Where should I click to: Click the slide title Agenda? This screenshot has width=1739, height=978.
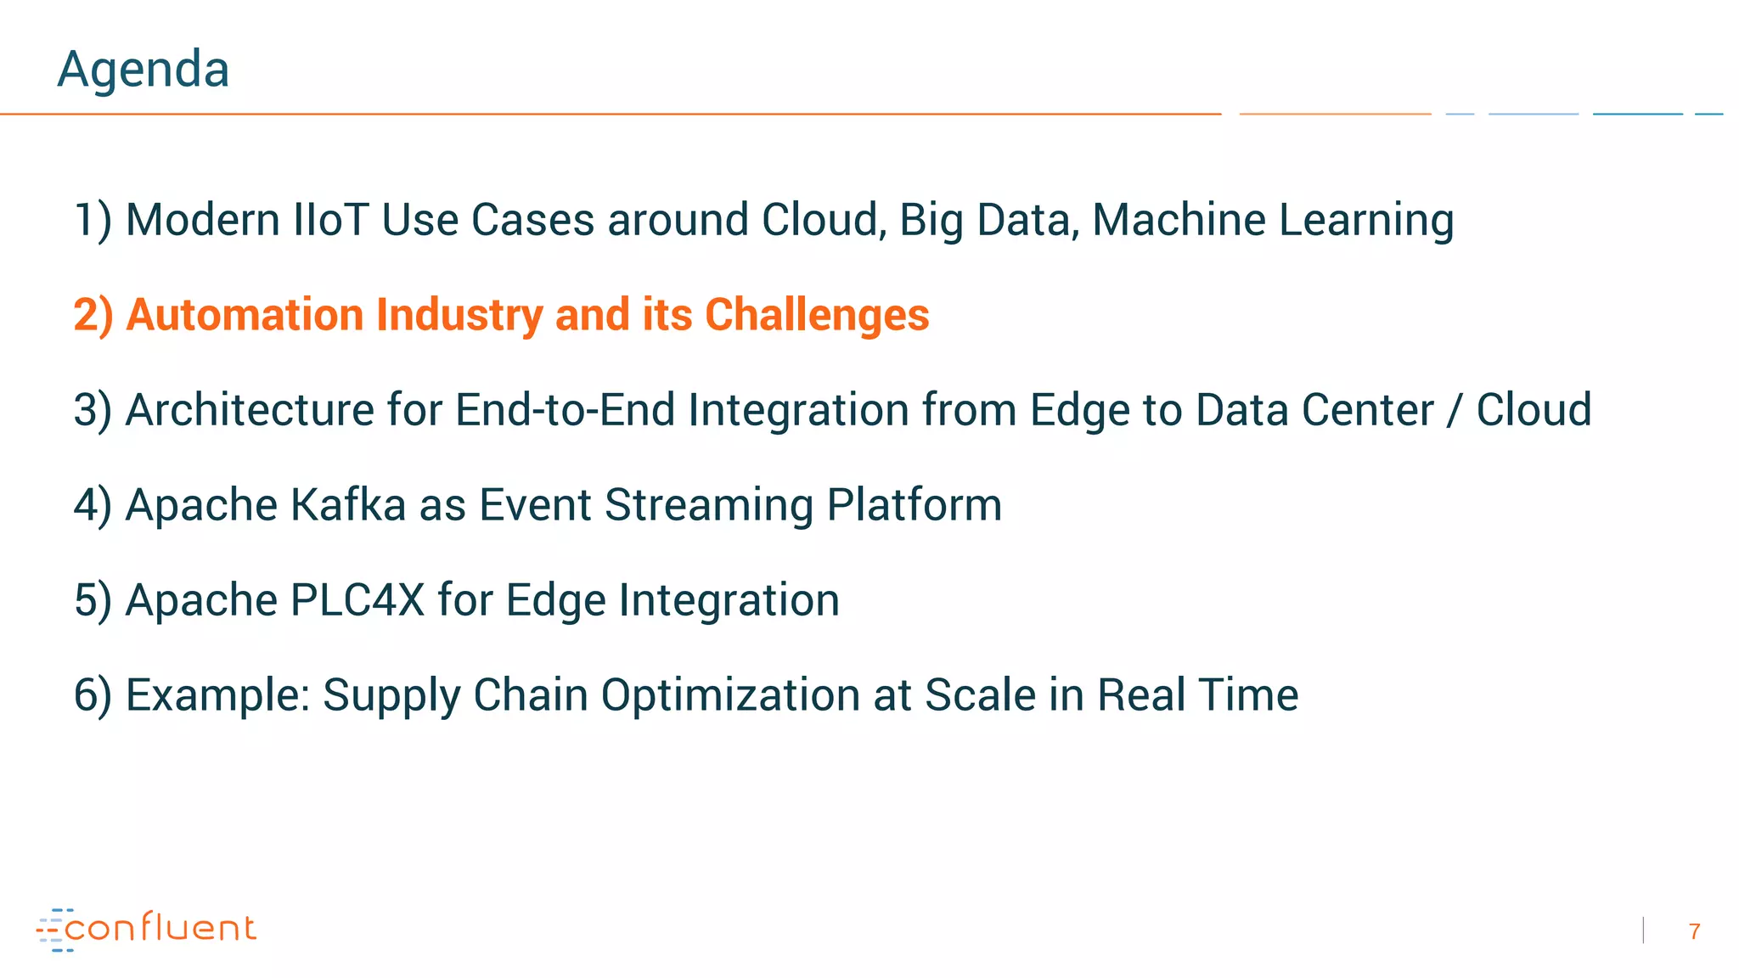coord(143,70)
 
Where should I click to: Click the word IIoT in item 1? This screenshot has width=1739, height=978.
coord(330,220)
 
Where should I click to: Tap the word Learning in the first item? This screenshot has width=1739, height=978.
coord(1366,220)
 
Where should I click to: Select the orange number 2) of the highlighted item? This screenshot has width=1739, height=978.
coord(93,315)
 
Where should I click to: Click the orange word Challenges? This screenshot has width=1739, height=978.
coord(817,315)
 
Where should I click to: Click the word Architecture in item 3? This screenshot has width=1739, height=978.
coord(250,410)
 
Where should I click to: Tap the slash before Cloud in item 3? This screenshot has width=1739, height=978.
coord(1455,412)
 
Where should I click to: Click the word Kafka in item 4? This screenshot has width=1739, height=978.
coord(348,505)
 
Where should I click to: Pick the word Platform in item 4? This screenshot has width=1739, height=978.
coord(914,505)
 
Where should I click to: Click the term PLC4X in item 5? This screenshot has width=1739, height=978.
coord(357,600)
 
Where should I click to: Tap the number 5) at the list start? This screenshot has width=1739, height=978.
coord(93,600)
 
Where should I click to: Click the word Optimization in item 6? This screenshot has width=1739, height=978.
coord(730,695)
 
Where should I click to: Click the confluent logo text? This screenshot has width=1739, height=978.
coord(160,928)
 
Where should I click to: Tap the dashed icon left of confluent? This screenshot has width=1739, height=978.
coord(53,930)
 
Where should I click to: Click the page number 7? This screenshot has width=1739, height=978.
coord(1694,932)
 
